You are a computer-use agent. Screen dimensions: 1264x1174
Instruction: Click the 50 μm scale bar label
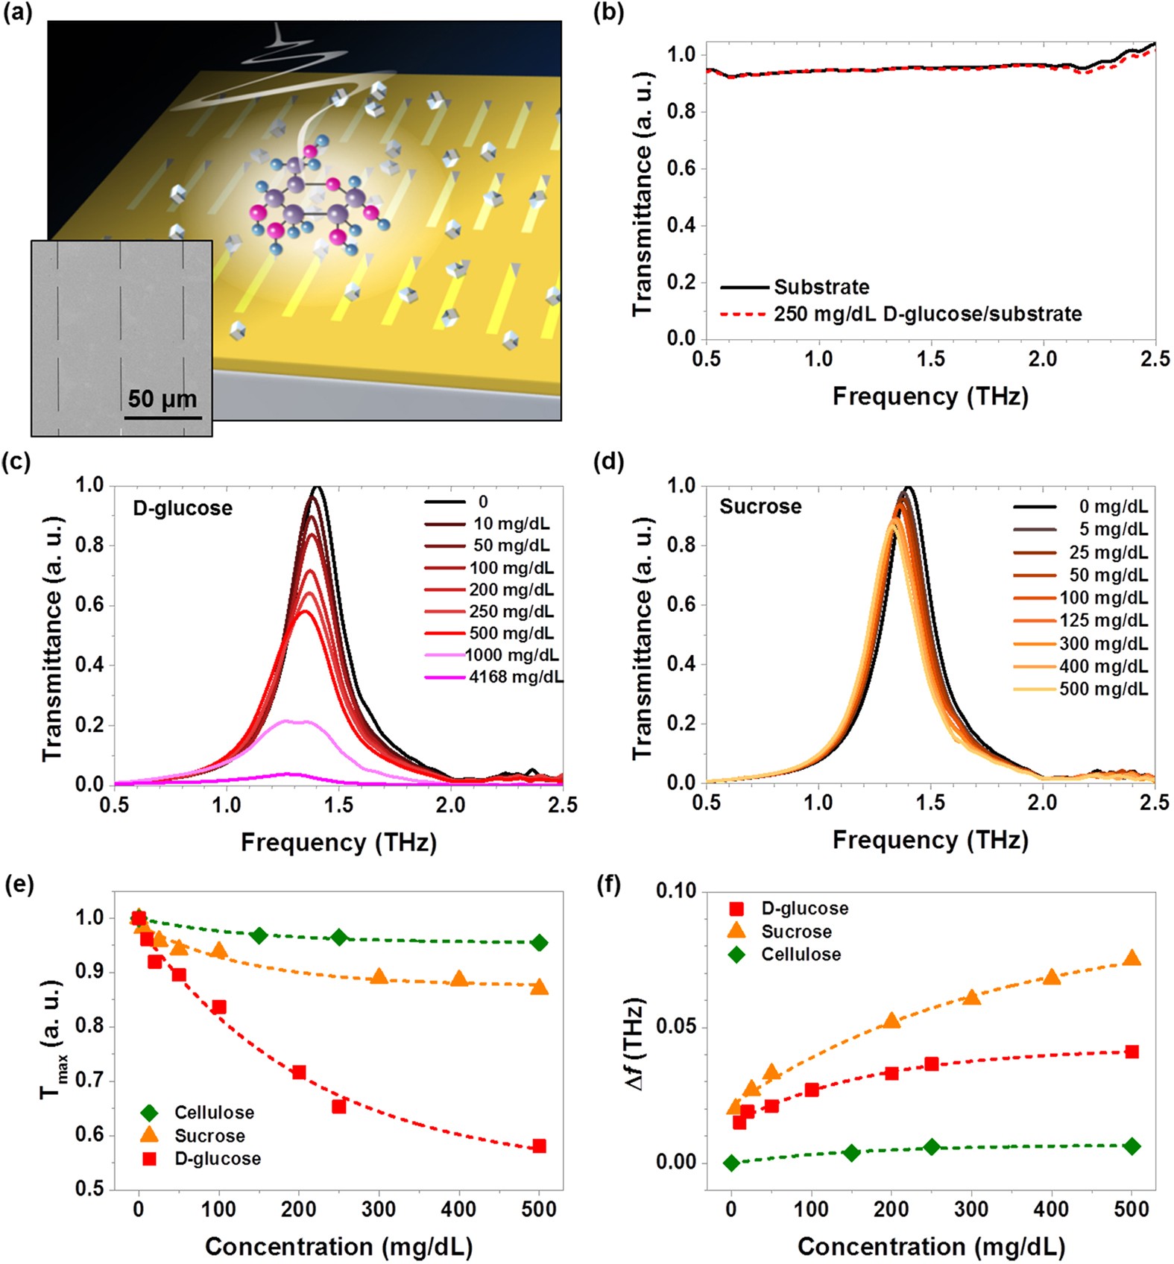coord(162,399)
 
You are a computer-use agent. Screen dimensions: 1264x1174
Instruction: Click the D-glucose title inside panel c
coord(183,508)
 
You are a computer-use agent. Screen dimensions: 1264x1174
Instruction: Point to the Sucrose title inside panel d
coord(760,507)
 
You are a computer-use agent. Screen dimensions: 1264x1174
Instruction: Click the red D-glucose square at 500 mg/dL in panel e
coord(540,1146)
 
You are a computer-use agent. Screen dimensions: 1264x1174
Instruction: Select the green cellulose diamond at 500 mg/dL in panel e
coord(540,943)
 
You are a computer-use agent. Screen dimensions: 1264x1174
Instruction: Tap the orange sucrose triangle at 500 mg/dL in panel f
coord(1132,958)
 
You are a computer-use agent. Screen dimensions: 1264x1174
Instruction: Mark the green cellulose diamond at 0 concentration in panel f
coord(731,1163)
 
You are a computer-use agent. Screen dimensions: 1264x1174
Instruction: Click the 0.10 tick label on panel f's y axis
coord(675,891)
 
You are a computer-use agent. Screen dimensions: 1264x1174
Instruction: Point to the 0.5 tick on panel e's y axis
coord(89,1189)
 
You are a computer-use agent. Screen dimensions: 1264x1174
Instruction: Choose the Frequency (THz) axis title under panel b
coord(930,396)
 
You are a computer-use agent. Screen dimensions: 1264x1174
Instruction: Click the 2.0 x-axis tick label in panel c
coord(450,806)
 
